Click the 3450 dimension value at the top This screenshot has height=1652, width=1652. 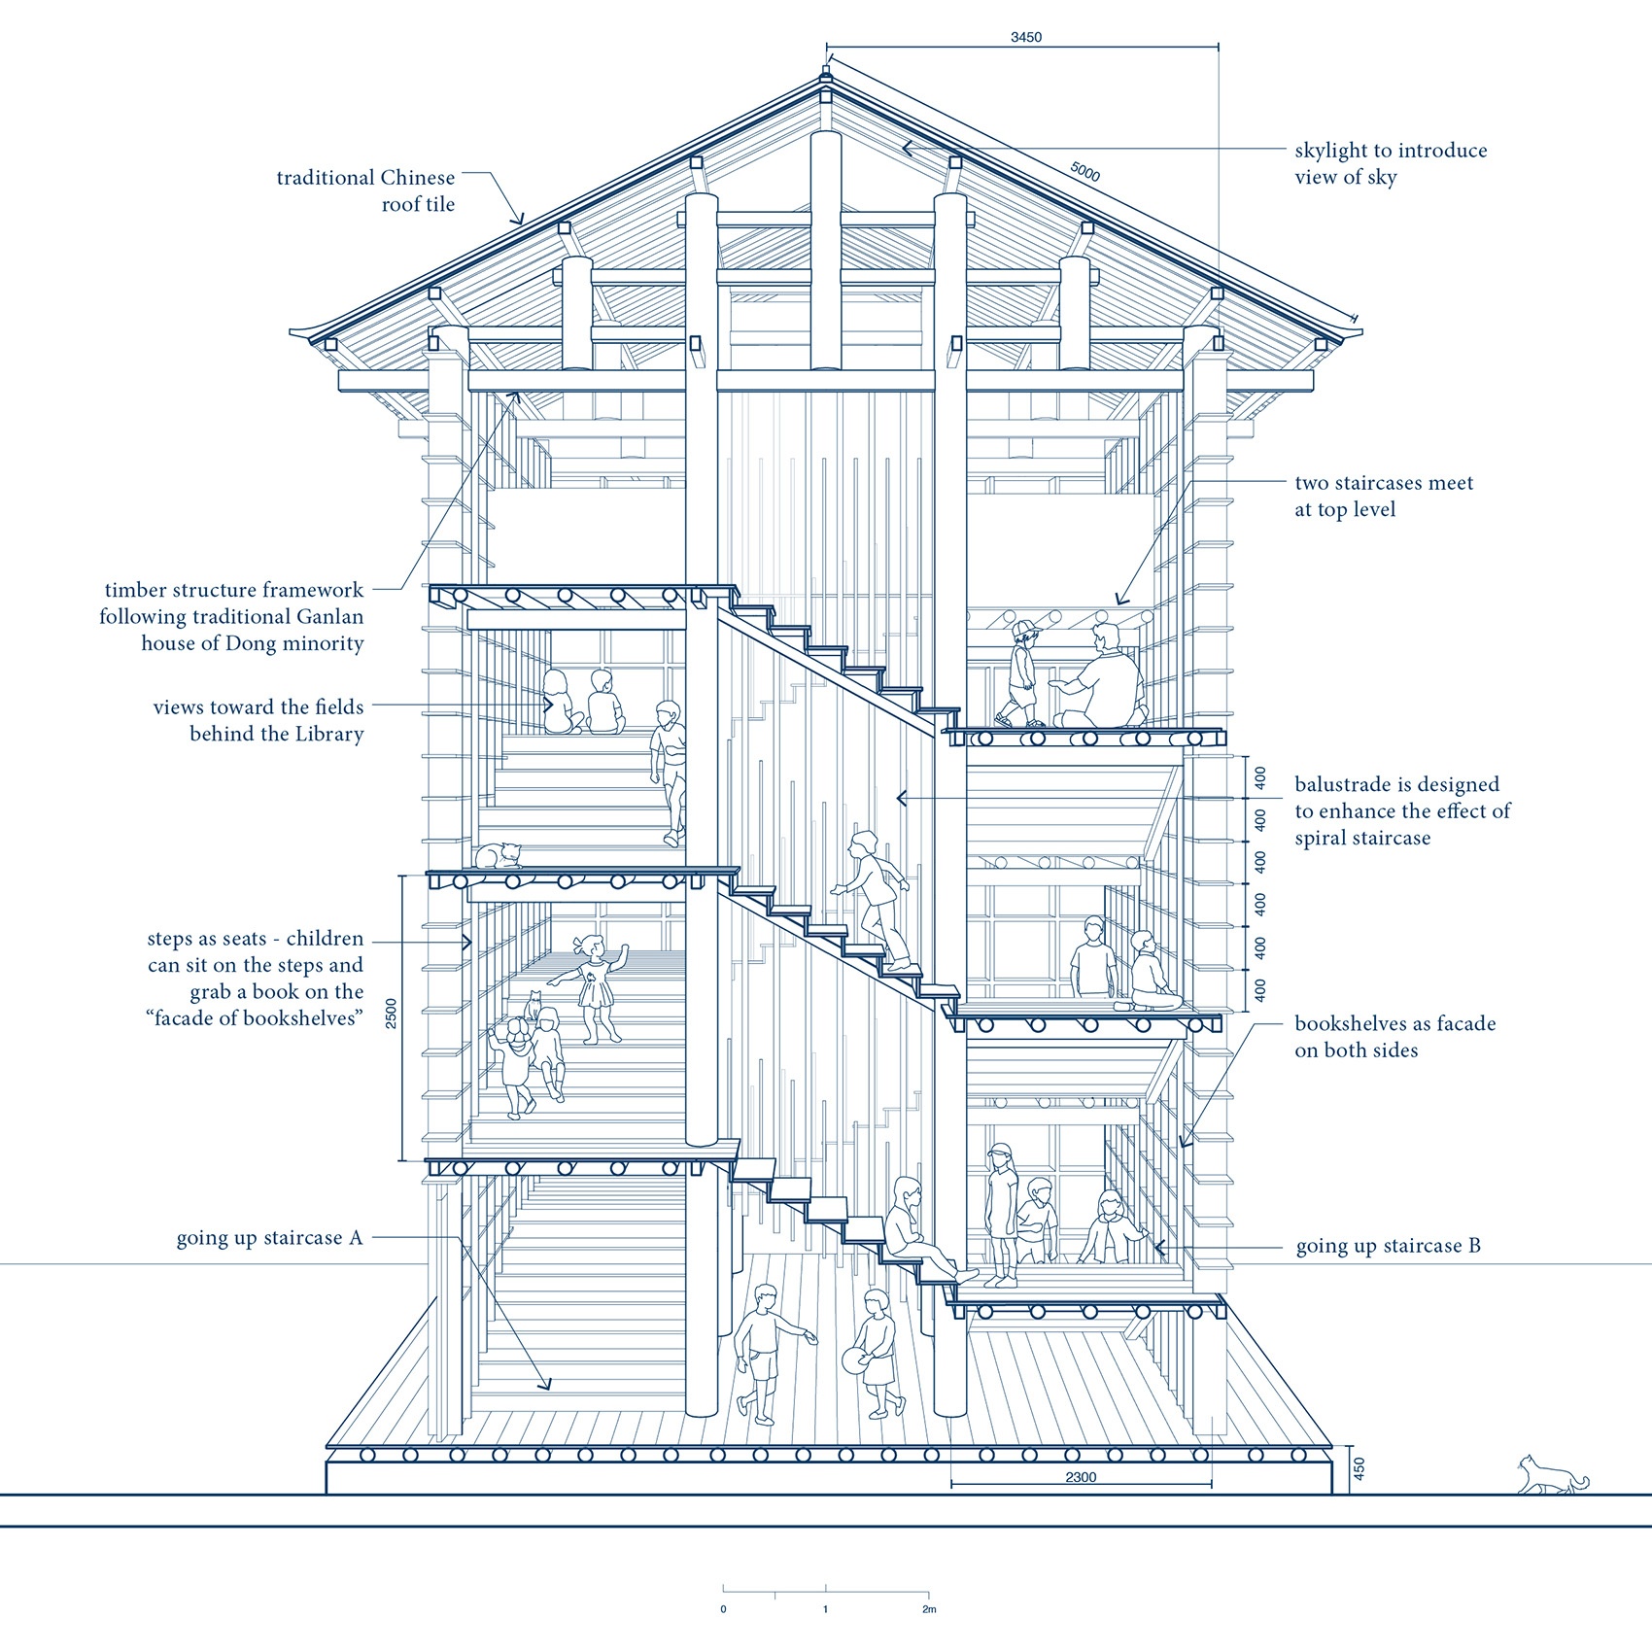[x=1025, y=37]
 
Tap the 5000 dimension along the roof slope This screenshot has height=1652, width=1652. [x=1084, y=171]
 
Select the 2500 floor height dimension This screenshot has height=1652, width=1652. [x=391, y=1015]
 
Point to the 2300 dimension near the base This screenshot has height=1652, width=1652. [x=1081, y=1477]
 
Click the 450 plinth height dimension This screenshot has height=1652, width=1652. [x=1359, y=1468]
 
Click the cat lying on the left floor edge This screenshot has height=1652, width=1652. [x=498, y=855]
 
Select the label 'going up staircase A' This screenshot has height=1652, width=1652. [x=269, y=1238]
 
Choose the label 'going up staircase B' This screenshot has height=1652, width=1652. [x=1388, y=1246]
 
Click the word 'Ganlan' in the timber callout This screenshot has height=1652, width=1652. [x=329, y=616]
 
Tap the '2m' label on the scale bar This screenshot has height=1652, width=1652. [x=929, y=1609]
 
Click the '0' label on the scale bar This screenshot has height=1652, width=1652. [x=723, y=1609]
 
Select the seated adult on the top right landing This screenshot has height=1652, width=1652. [x=1098, y=677]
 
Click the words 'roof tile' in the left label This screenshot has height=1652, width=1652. [x=418, y=204]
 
